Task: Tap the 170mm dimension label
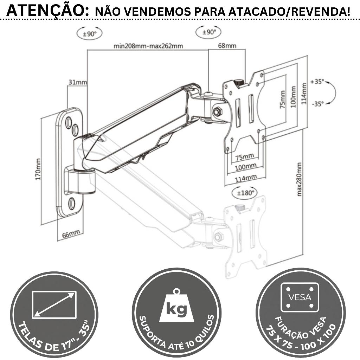[x=38, y=169]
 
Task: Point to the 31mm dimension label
[x=77, y=82]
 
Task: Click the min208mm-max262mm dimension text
[x=148, y=46]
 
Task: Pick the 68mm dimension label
[x=227, y=46]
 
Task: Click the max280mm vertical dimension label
[x=299, y=179]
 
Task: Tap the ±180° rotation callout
[x=245, y=193]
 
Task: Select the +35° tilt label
[x=317, y=82]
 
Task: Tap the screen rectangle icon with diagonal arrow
[x=54, y=304]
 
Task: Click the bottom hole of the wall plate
[x=72, y=203]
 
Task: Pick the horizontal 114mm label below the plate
[x=245, y=179]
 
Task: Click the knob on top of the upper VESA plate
[x=240, y=82]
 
